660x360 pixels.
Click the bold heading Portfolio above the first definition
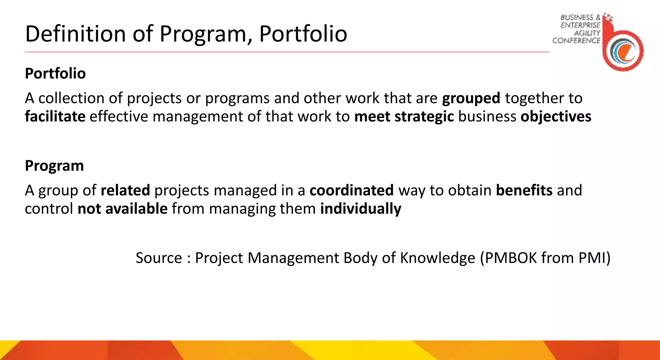[55, 73]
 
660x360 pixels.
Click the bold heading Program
[54, 166]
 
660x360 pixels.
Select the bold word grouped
[471, 98]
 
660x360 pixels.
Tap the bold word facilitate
[55, 116]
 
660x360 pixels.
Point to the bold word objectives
[556, 116]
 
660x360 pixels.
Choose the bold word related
[125, 190]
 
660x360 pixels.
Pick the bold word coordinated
[351, 190]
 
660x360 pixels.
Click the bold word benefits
[524, 190]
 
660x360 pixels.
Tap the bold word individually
[361, 209]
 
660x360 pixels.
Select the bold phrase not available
[122, 209]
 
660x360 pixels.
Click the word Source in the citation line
[159, 258]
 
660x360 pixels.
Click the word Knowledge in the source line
[437, 258]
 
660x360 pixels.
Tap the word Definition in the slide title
[75, 34]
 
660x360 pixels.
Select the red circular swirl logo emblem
[623, 51]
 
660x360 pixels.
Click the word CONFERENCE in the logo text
[576, 41]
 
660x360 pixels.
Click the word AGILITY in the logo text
[587, 33]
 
